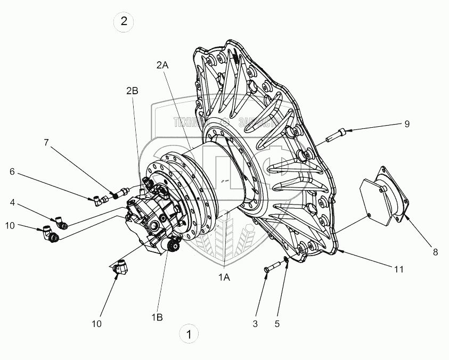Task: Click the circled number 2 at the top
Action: [124, 22]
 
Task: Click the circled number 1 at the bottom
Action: [187, 334]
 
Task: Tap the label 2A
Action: [162, 65]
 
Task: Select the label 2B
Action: [132, 91]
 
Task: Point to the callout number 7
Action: [46, 142]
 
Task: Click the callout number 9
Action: [406, 124]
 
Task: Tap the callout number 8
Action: [435, 252]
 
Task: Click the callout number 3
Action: [255, 323]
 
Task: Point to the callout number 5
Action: [277, 323]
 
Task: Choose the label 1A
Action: [224, 277]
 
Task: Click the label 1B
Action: [157, 317]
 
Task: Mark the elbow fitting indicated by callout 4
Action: [61, 222]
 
